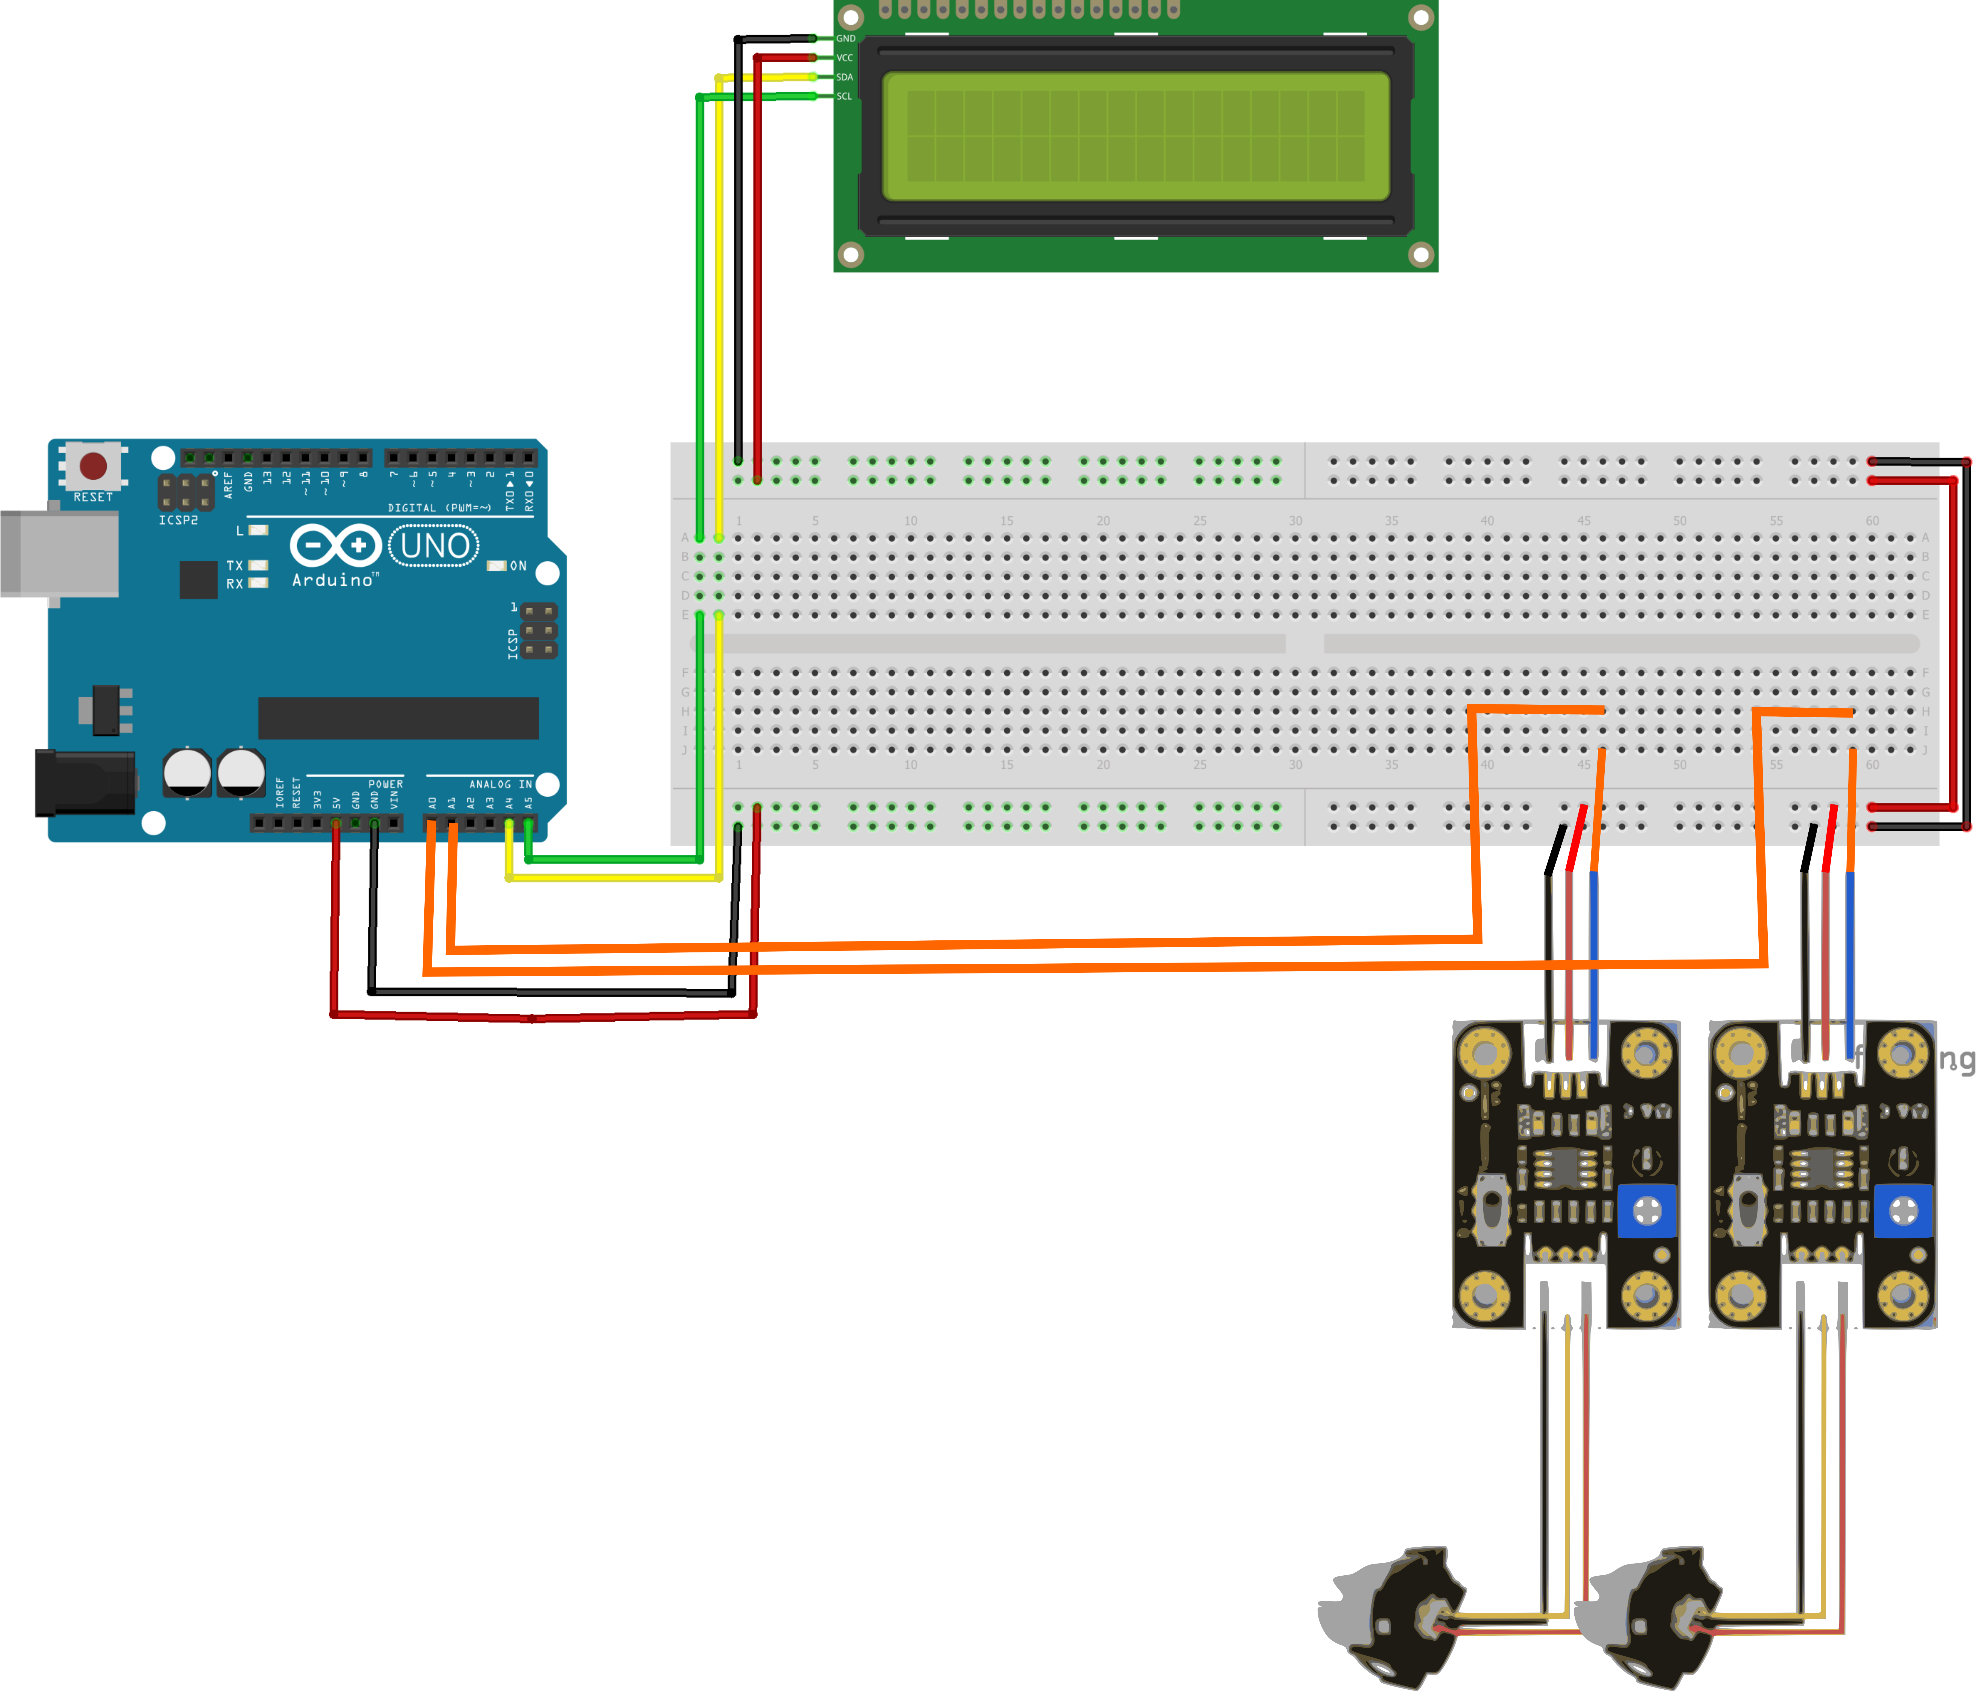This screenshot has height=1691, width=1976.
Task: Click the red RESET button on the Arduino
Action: [94, 465]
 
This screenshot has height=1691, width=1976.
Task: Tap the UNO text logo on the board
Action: [435, 546]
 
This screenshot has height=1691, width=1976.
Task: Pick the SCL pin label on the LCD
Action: [845, 96]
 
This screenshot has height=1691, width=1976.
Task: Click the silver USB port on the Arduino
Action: [59, 553]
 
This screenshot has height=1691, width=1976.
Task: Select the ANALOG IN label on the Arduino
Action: [500, 784]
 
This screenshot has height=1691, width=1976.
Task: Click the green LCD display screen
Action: [1135, 136]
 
